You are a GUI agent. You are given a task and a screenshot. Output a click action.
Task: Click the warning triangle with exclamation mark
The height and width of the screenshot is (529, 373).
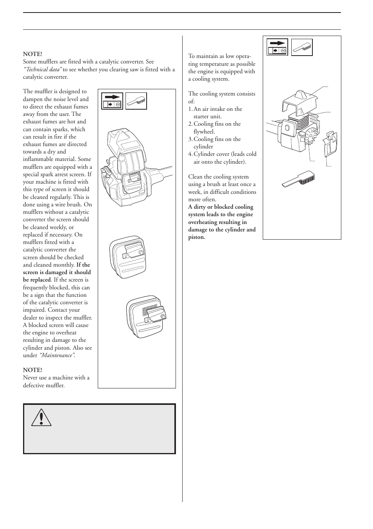(x=41, y=417)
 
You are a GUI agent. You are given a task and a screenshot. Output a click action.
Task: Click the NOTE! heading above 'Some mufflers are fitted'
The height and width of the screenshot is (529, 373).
(x=32, y=54)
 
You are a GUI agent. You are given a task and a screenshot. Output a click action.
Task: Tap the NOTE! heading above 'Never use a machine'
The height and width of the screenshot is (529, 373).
(x=32, y=370)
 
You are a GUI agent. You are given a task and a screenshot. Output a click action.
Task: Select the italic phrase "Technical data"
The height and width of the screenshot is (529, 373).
(x=43, y=69)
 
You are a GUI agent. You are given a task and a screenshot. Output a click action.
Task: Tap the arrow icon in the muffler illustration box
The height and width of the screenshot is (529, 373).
(x=112, y=101)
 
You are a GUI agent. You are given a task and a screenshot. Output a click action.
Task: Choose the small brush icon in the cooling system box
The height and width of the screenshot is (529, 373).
(x=302, y=47)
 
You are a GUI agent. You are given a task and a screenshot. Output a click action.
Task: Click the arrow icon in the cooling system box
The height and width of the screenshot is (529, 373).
(x=277, y=47)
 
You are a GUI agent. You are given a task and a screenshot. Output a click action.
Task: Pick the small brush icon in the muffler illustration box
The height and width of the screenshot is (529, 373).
(x=136, y=101)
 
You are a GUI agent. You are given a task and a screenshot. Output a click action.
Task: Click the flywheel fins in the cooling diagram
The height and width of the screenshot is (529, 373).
(x=312, y=135)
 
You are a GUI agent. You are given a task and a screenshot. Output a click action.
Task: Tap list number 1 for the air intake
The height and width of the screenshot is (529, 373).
(x=190, y=109)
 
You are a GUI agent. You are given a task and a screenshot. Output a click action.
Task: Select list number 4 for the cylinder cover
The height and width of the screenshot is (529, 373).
(x=190, y=154)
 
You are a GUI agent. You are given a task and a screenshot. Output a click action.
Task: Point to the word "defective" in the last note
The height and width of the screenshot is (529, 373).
(x=35, y=385)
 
